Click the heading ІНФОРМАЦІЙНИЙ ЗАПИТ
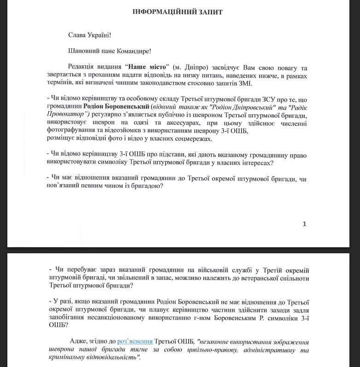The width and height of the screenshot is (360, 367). click(x=177, y=12)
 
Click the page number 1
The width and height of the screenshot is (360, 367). click(x=304, y=224)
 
